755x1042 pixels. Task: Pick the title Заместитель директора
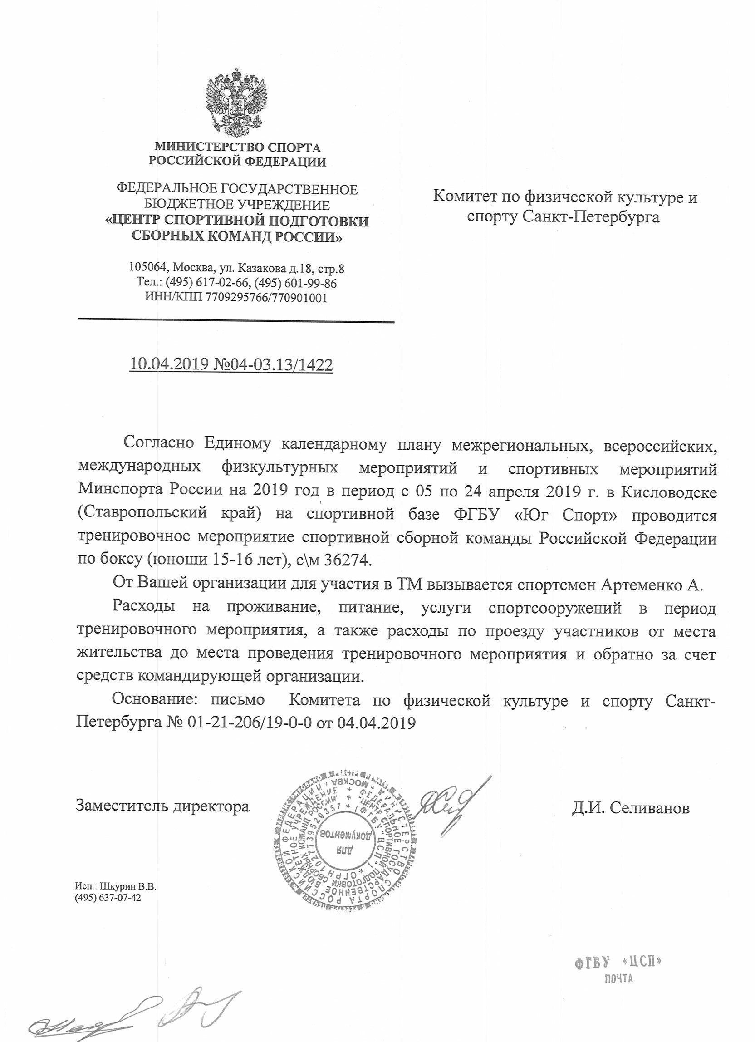(x=162, y=806)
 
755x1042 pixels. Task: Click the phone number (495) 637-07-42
(x=108, y=899)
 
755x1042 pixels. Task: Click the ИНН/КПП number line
(x=236, y=298)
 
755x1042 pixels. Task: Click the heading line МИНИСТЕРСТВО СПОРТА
(x=237, y=147)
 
